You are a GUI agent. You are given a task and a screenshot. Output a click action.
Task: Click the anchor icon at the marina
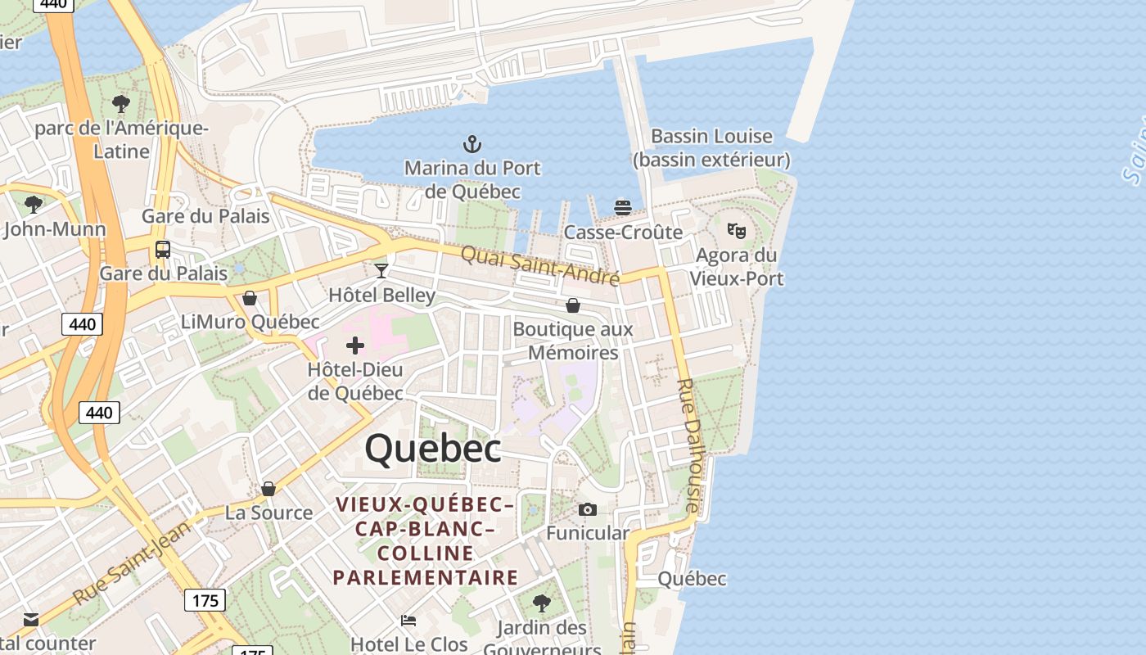tap(472, 145)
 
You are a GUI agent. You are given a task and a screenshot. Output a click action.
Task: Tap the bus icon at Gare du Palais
tap(163, 249)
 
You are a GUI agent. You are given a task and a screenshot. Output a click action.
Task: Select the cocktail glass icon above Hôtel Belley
tap(381, 270)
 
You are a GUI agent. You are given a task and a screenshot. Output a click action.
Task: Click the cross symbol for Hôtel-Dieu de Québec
tap(355, 346)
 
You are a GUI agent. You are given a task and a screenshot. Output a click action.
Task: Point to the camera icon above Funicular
tap(587, 510)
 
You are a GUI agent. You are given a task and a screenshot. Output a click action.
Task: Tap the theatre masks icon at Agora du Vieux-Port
tap(737, 231)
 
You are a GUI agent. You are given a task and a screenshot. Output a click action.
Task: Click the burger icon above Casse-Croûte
tap(623, 207)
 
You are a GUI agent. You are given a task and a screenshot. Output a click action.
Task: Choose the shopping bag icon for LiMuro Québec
tap(250, 298)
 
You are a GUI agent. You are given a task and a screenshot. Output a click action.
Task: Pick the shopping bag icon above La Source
tap(268, 489)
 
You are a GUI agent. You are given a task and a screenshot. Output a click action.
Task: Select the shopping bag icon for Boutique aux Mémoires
tap(573, 305)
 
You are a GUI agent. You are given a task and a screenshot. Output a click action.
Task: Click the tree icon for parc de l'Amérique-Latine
tap(121, 104)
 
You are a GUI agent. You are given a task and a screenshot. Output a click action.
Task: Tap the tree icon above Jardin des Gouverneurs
tap(541, 603)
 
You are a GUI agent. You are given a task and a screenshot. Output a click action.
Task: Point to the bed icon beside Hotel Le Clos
tap(408, 620)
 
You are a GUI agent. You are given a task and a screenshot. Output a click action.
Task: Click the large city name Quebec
tap(432, 449)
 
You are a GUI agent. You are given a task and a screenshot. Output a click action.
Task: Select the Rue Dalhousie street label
tap(690, 445)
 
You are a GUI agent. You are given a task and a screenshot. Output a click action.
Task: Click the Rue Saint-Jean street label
tap(131, 562)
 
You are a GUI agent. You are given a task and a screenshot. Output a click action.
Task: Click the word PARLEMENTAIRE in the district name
tap(426, 577)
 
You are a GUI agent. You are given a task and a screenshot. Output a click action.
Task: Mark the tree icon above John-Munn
tap(34, 204)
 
